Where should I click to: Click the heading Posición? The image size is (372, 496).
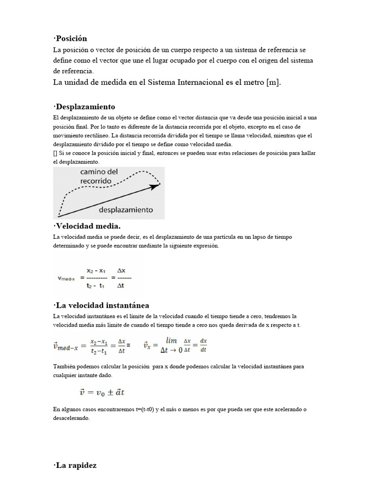click(x=71, y=38)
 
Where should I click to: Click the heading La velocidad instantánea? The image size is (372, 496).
click(x=102, y=305)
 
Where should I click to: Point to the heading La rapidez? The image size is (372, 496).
click(x=76, y=465)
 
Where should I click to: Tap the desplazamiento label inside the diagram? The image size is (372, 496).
click(x=126, y=210)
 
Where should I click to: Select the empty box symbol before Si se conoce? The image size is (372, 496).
click(x=55, y=154)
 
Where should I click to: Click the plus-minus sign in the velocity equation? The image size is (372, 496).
click(x=107, y=392)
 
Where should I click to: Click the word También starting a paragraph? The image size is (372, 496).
click(x=64, y=367)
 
